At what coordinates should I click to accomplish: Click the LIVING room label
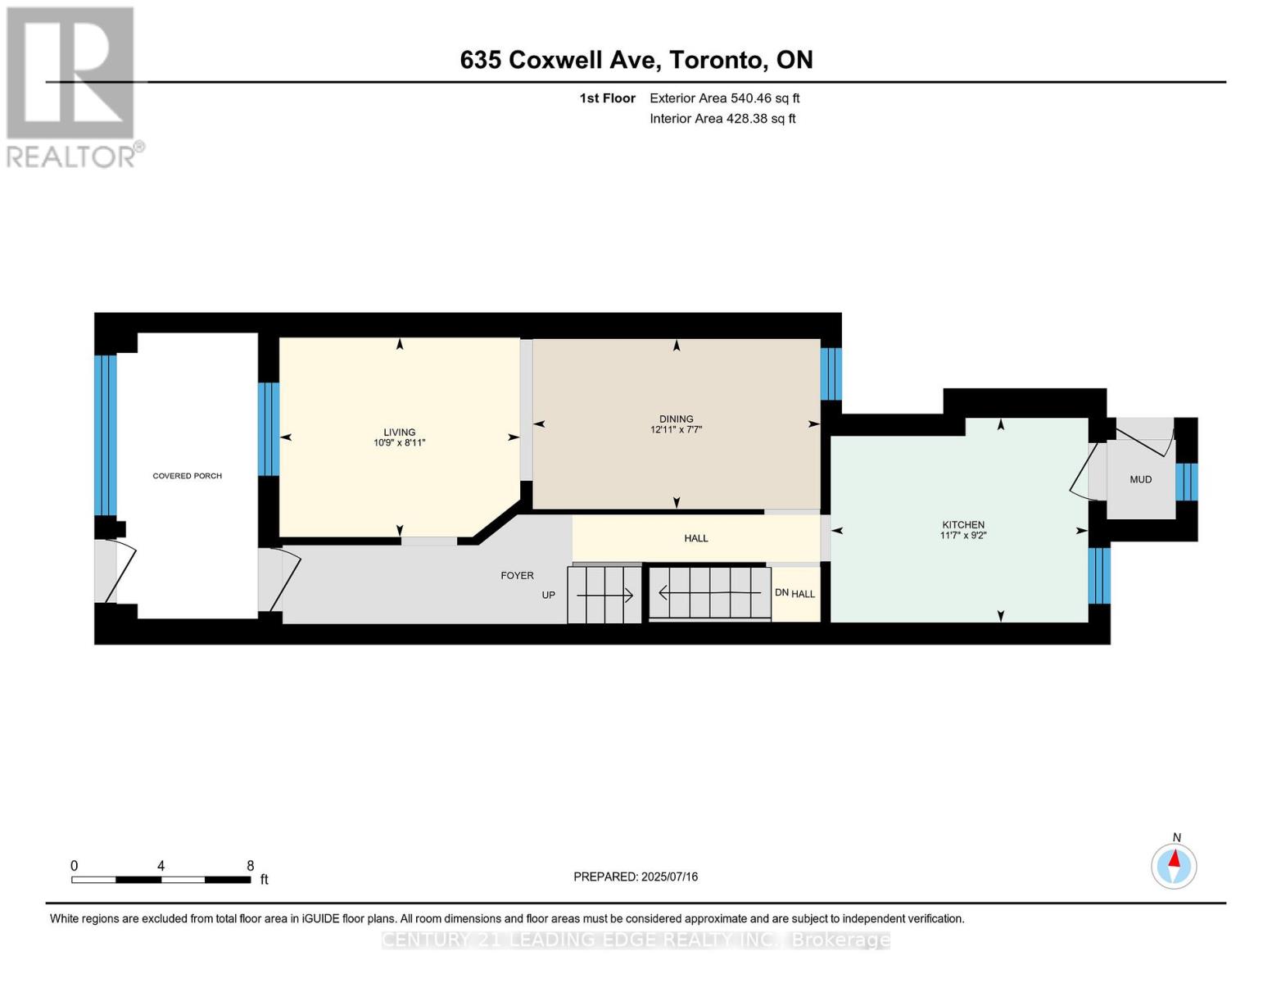point(399,433)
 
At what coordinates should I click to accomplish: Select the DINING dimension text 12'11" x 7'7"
point(676,429)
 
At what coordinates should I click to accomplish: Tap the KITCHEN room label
point(962,525)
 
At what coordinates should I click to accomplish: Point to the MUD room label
point(1140,480)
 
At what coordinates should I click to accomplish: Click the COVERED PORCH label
point(187,476)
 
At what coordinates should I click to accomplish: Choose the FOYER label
point(517,576)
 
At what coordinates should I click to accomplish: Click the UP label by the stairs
point(548,596)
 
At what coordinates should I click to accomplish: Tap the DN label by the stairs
point(781,593)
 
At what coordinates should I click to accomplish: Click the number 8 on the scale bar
point(250,866)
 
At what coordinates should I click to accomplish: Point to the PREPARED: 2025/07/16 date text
point(635,877)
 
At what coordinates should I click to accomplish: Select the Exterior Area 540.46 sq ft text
point(724,98)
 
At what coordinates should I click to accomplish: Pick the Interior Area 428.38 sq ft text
point(722,119)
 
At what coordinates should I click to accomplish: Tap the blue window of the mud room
point(1186,482)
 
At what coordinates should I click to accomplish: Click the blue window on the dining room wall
point(831,374)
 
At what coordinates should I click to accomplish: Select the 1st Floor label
point(607,98)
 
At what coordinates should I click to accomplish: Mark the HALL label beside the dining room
point(695,538)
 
